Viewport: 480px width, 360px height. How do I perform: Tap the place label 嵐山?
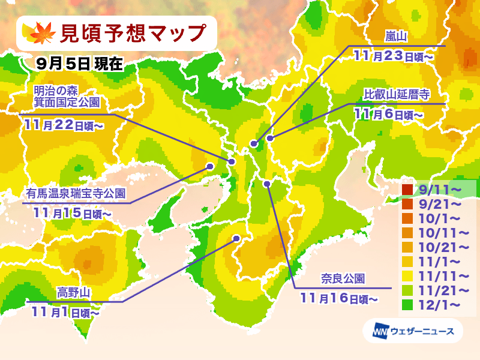(x=396, y=38)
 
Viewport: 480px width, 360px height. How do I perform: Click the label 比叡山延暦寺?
(x=397, y=95)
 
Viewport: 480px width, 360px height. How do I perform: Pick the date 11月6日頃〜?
(x=388, y=113)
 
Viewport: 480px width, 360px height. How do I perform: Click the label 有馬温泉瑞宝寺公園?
(x=76, y=193)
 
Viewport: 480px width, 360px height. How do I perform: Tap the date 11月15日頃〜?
(x=73, y=212)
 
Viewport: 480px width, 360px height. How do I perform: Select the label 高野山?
(x=74, y=292)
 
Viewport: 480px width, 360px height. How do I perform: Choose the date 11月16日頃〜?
(x=339, y=297)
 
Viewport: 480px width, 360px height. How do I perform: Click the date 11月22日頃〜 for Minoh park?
(x=65, y=124)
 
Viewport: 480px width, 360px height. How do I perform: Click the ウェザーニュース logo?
(x=408, y=331)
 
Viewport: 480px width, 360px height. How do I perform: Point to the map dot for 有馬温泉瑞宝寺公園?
(x=210, y=166)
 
